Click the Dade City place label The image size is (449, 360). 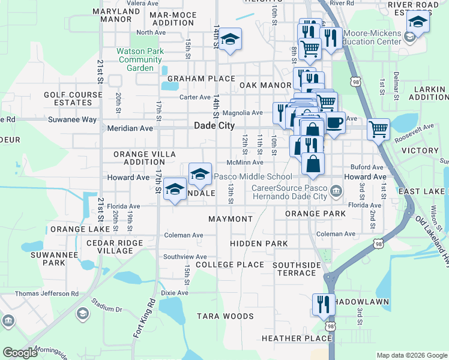pos(214,126)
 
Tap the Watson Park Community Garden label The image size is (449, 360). pos(140,59)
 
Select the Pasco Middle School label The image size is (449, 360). pos(253,177)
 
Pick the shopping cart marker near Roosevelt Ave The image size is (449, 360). pos(378,128)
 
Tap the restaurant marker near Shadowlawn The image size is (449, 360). pos(322,304)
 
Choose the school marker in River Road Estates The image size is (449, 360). pos(417,22)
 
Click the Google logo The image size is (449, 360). pos(20,353)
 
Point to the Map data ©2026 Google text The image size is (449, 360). pos(411,355)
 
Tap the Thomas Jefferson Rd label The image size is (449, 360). pos(46,294)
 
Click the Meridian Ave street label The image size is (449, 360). pos(130,128)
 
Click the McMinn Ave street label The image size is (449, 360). pos(245,162)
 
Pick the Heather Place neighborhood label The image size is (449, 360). pos(296,338)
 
